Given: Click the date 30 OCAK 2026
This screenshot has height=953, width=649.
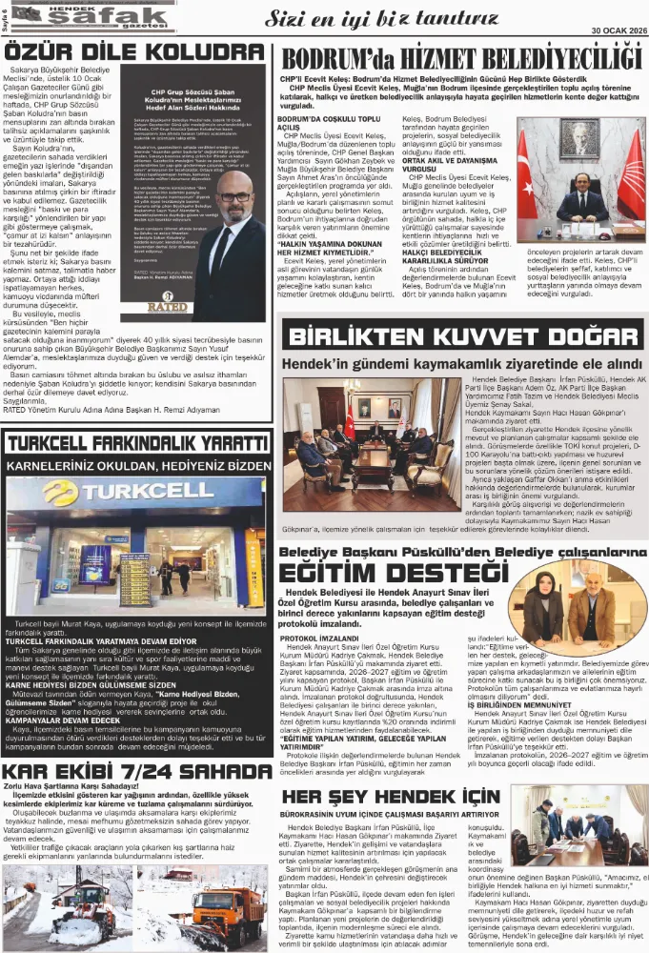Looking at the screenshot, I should point(606,30).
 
